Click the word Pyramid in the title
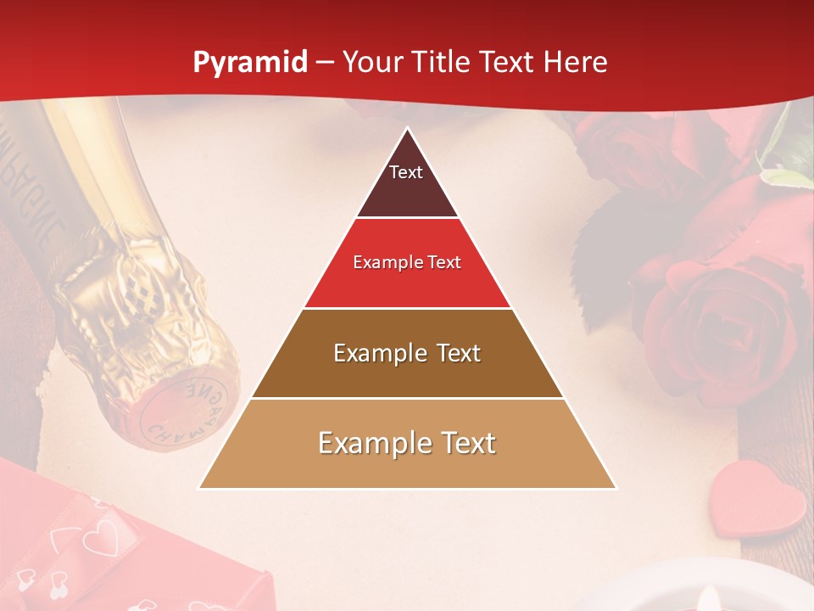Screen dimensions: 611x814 click(x=249, y=63)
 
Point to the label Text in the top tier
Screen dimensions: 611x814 click(x=406, y=172)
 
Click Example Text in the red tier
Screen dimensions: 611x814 click(x=407, y=262)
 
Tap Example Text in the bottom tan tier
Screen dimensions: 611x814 click(x=407, y=443)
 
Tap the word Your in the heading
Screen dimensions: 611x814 click(x=376, y=62)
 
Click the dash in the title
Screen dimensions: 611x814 click(x=325, y=63)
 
